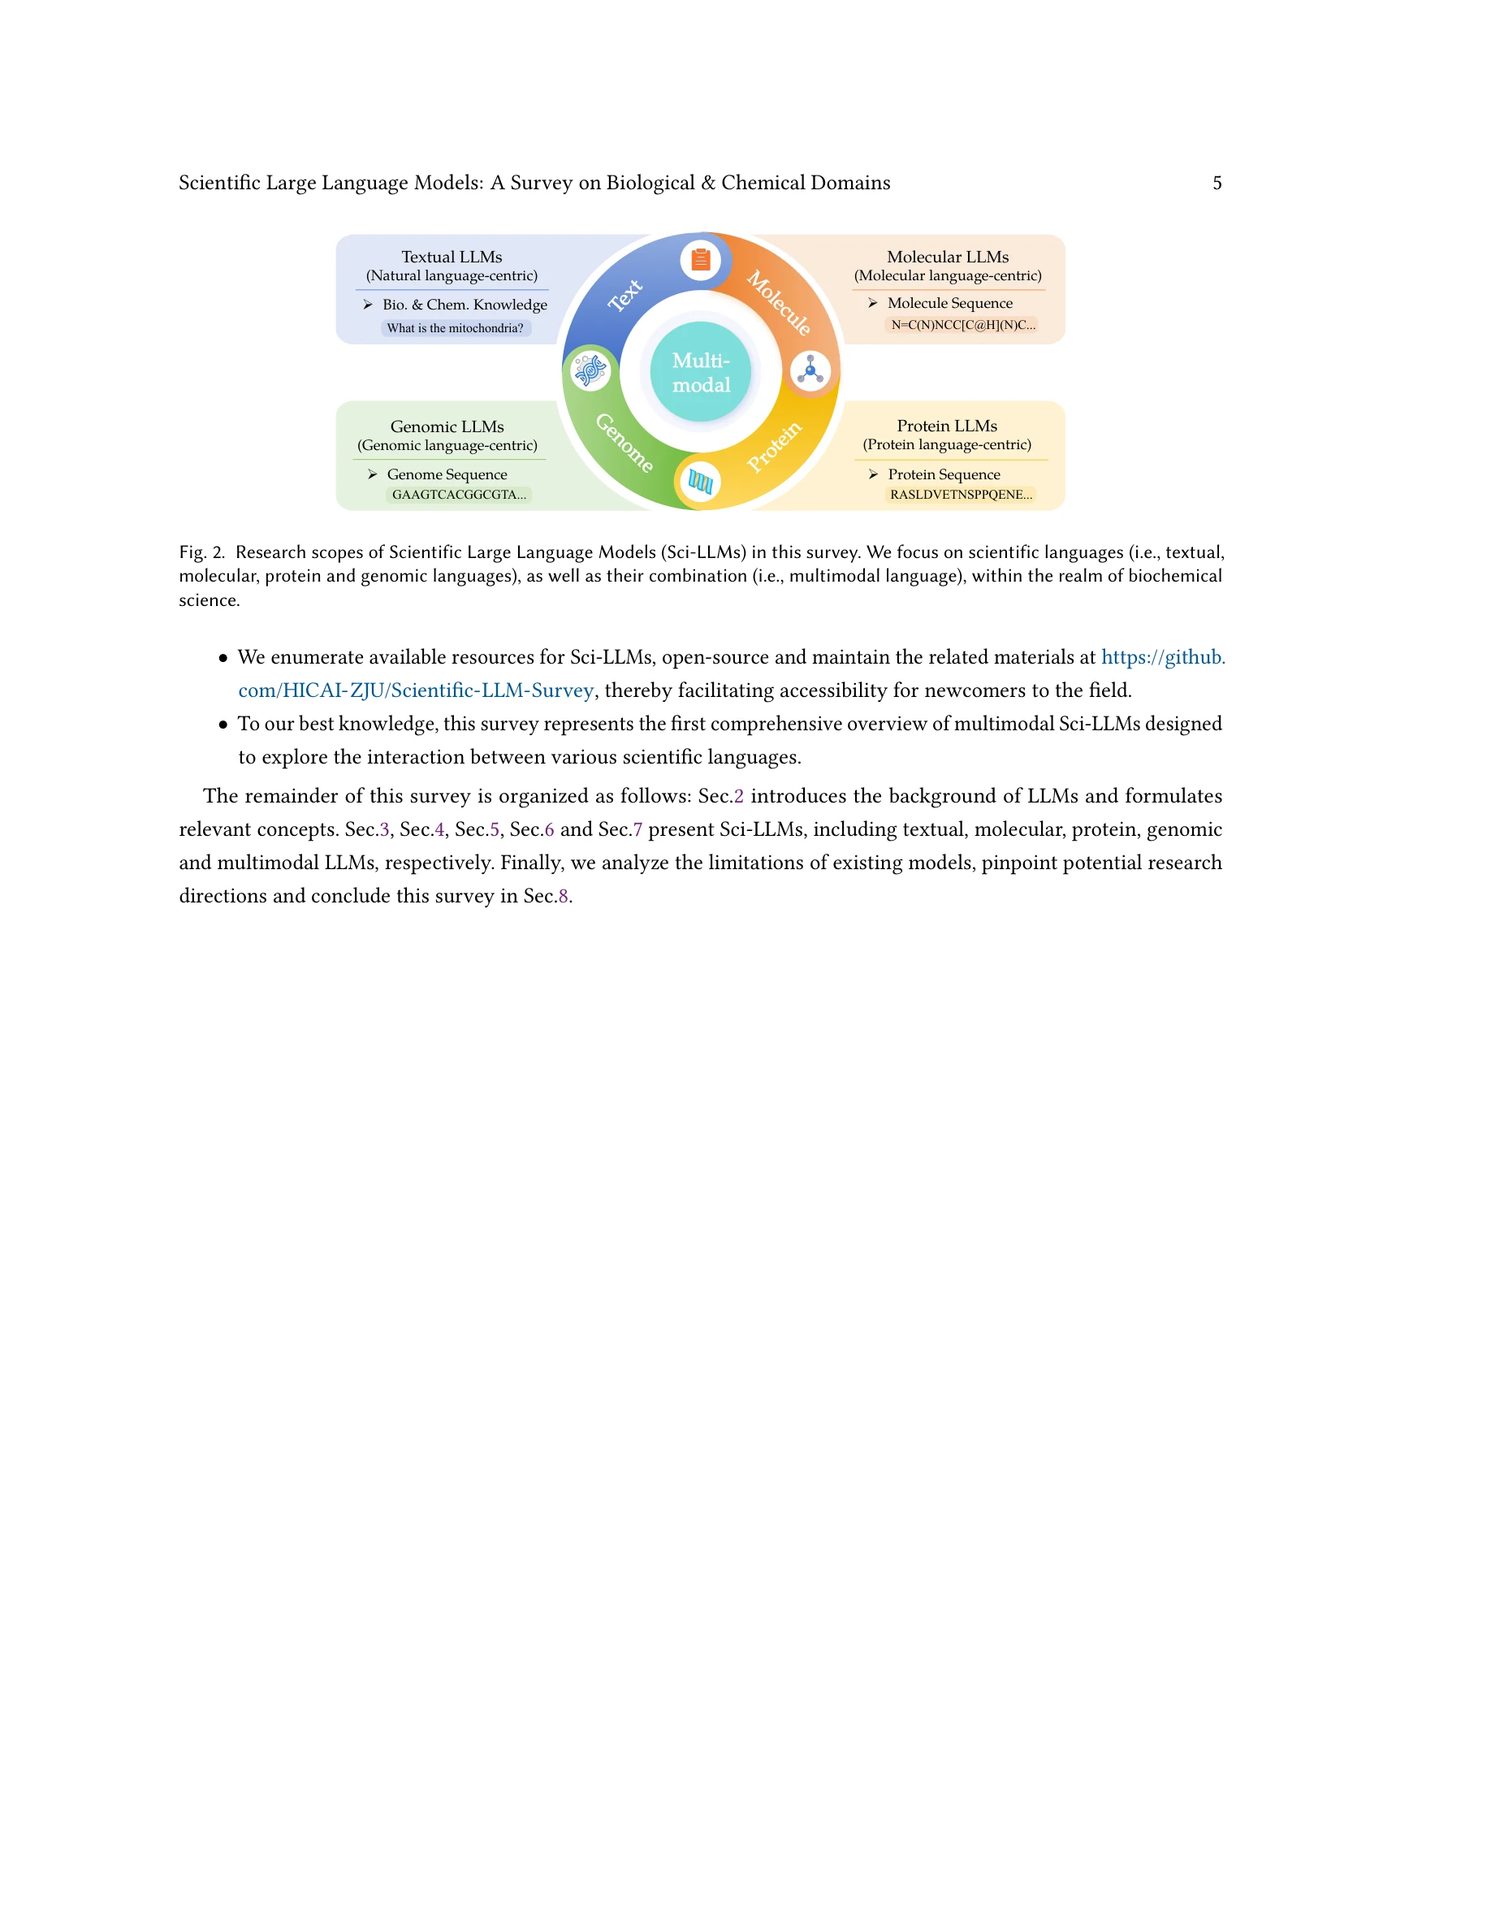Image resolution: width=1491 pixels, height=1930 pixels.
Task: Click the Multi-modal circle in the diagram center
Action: coord(701,372)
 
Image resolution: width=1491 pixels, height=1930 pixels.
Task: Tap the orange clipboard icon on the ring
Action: coord(701,260)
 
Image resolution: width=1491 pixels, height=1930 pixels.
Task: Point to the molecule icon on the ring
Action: coord(810,370)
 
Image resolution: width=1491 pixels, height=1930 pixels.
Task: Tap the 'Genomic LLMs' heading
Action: coord(447,426)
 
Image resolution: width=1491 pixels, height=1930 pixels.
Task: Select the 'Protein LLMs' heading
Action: coord(947,426)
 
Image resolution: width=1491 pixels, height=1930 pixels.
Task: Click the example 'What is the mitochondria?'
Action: coord(455,329)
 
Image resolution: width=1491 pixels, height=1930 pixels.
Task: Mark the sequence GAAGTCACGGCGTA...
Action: coord(459,495)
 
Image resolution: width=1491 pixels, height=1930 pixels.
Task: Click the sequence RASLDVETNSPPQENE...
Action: coord(960,495)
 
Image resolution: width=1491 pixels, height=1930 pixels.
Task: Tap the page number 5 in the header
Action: coord(1217,183)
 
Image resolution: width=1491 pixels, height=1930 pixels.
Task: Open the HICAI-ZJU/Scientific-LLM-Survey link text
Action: coord(415,690)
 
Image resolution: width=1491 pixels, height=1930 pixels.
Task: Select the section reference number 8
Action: coord(564,896)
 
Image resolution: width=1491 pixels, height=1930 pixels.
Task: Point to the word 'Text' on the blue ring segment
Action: coord(625,295)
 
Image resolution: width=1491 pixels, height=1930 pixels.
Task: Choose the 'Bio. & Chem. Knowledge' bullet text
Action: coord(465,305)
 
